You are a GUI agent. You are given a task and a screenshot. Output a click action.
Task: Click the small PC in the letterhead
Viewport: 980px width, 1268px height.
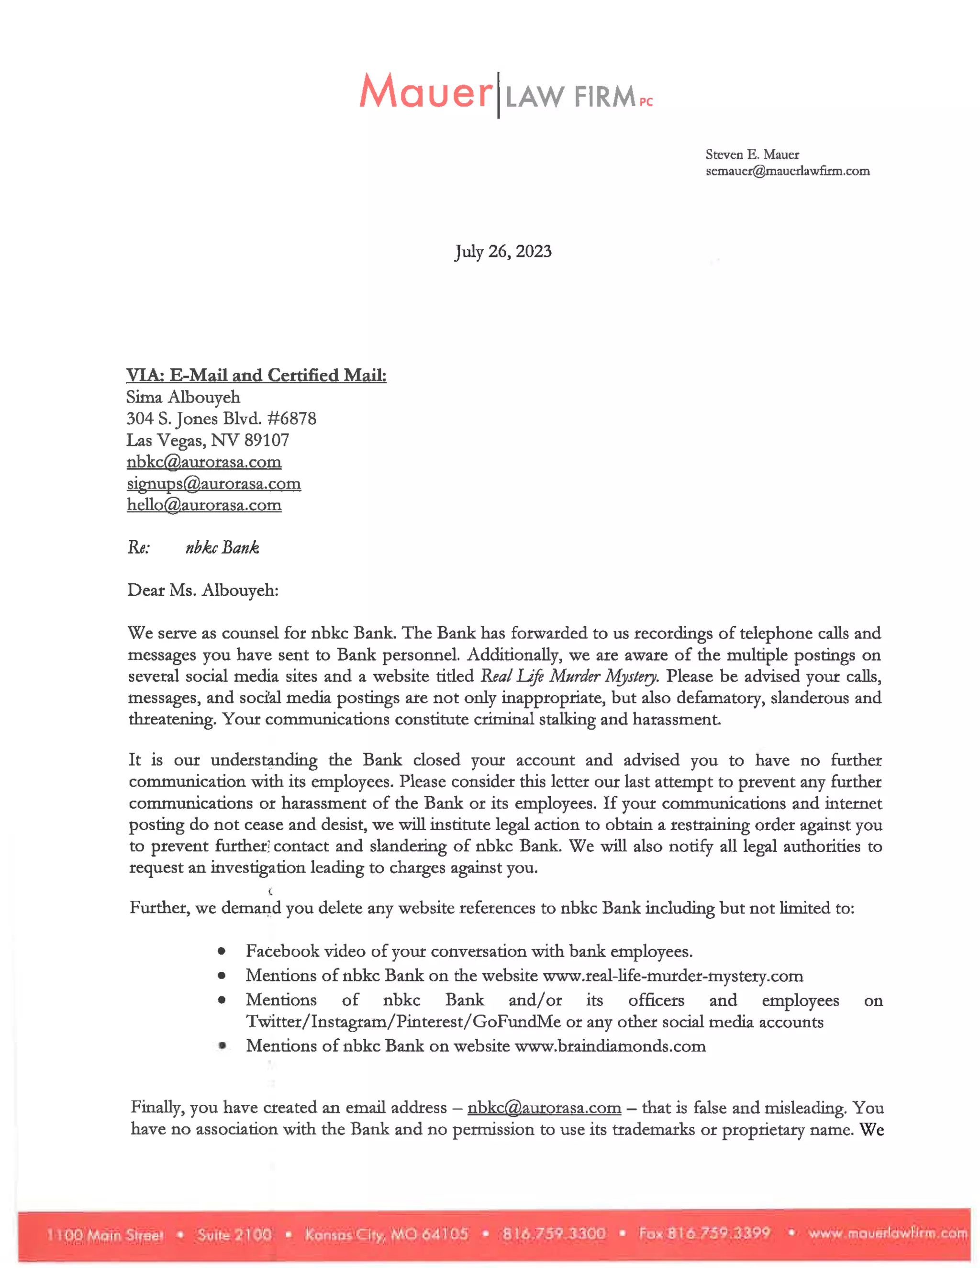[x=646, y=102]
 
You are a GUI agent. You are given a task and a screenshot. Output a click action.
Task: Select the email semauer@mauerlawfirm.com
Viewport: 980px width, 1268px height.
[x=787, y=171]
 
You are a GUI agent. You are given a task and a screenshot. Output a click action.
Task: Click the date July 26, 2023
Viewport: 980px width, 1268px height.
[x=503, y=251]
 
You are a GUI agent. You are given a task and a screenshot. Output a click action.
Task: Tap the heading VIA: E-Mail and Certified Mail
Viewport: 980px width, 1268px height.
[x=256, y=376]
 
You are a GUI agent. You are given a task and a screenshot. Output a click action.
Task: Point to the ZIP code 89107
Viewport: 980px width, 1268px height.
[x=267, y=440]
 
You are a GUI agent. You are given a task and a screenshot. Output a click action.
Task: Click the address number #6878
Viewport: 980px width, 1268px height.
[x=292, y=419]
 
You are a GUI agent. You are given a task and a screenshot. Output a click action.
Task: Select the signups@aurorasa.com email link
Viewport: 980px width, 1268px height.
[x=213, y=484]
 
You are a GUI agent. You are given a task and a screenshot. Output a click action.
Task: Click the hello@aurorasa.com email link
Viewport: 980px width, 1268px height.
[x=204, y=505]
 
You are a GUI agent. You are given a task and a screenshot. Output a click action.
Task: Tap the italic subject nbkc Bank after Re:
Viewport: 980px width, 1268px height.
[x=223, y=547]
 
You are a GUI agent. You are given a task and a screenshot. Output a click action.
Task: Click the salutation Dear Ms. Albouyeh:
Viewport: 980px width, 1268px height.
[x=202, y=590]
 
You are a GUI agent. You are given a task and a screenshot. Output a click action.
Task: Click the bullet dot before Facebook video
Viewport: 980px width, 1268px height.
[x=222, y=952]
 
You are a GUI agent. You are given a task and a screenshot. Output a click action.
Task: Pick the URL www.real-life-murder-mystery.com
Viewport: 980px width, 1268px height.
[x=672, y=976]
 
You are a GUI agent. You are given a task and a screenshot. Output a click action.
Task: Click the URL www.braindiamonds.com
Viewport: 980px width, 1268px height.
[x=610, y=1046]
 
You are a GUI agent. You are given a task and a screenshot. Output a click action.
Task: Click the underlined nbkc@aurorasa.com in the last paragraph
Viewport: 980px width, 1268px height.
[x=544, y=1108]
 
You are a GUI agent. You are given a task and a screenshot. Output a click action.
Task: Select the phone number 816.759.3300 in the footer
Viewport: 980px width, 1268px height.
[x=554, y=1233]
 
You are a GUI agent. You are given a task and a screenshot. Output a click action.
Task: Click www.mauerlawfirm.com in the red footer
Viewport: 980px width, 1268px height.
[x=888, y=1233]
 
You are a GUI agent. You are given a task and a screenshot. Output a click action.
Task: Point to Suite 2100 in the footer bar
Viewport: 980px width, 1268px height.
[x=234, y=1235]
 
